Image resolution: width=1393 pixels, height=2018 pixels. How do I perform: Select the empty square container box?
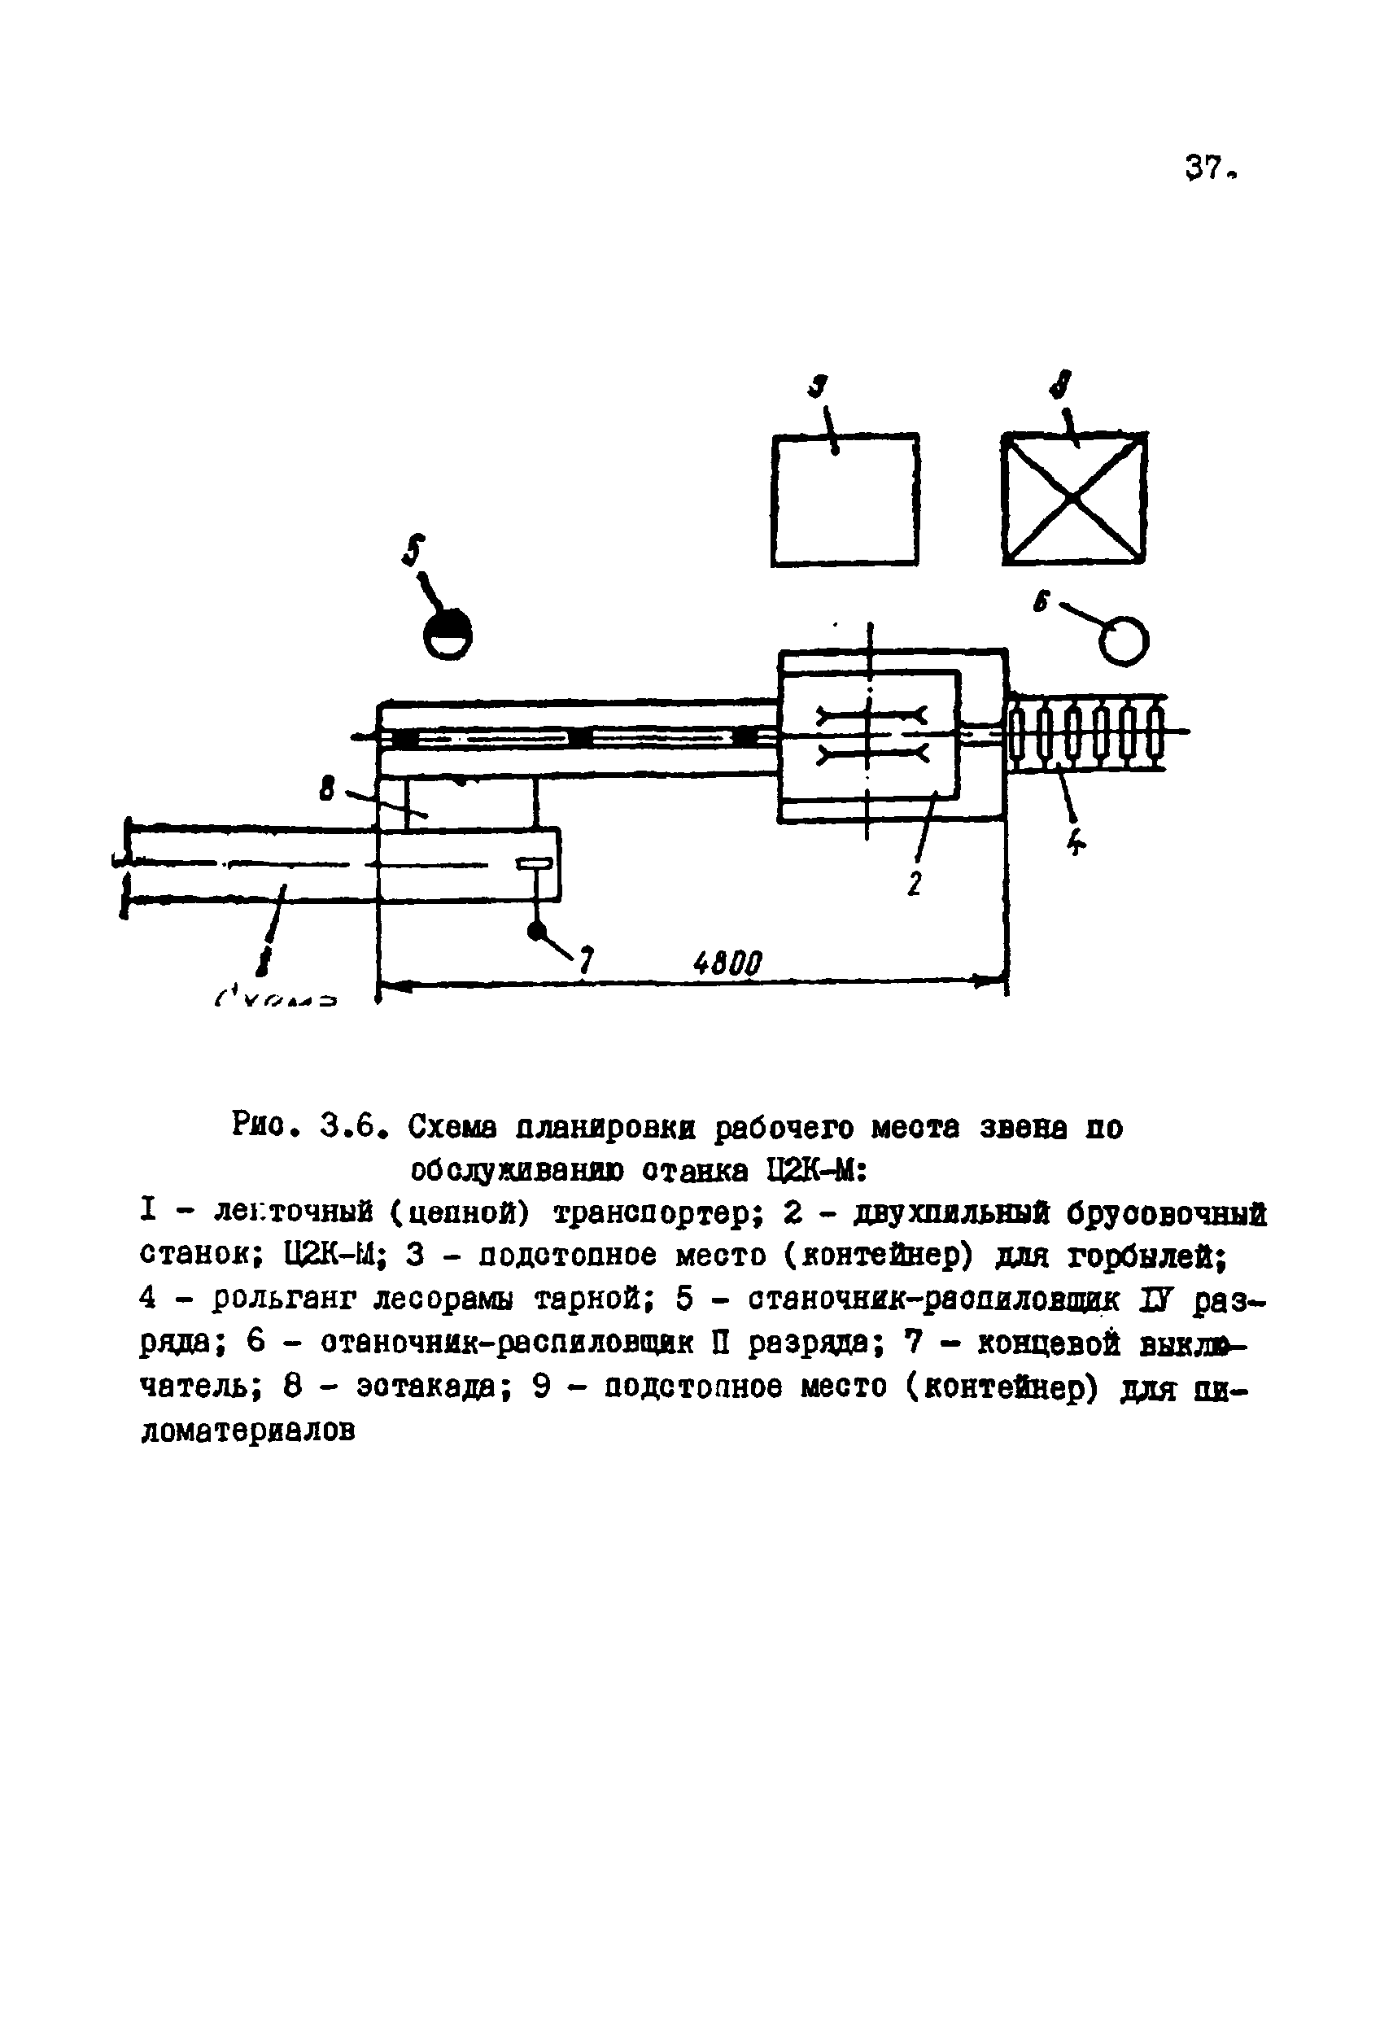pos(845,500)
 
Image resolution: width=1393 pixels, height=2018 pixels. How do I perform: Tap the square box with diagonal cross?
pos(1073,498)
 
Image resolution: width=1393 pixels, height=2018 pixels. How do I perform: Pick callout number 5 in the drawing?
pos(413,550)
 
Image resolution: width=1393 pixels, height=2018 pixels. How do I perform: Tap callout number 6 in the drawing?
pos(1041,602)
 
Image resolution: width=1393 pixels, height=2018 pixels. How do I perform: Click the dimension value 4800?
pos(727,963)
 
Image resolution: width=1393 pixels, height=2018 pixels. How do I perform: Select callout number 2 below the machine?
pos(914,885)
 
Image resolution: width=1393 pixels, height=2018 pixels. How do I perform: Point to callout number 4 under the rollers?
pos(1076,842)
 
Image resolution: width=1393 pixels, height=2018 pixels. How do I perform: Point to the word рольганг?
pos(285,1299)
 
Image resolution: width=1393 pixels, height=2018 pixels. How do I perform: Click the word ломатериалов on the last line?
pos(248,1432)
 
